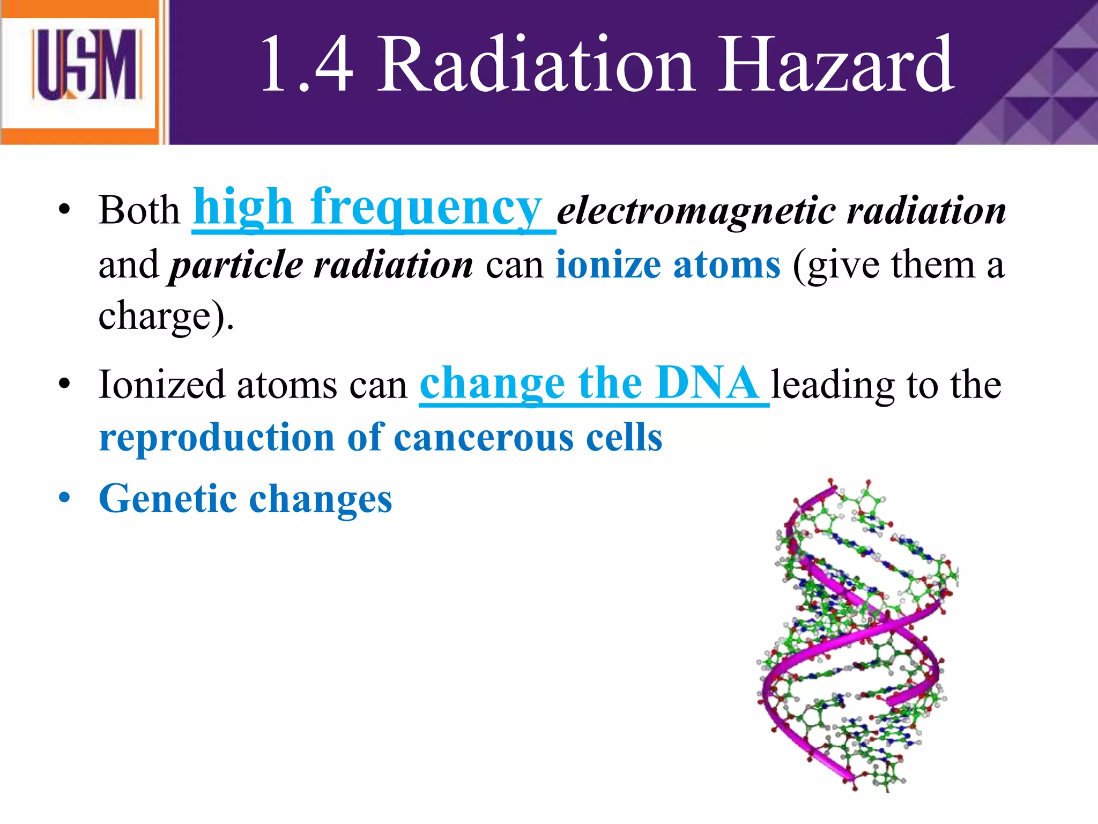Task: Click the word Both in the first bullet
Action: click(139, 210)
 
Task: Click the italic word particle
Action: click(236, 265)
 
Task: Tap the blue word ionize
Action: click(607, 265)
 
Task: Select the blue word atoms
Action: click(726, 265)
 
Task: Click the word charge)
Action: click(166, 317)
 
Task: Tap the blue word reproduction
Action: click(217, 438)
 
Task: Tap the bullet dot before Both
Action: click(65, 210)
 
